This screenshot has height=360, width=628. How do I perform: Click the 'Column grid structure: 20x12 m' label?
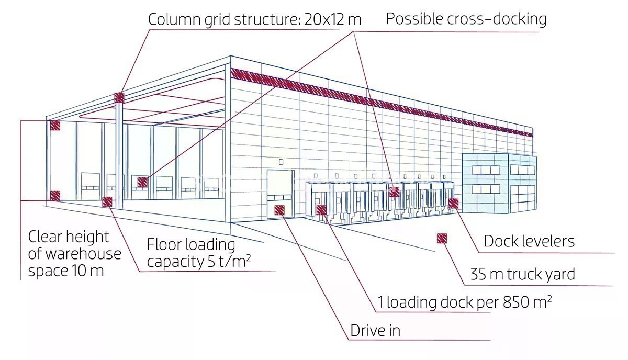[x=254, y=19]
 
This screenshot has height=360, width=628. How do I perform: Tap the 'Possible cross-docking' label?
[x=466, y=19]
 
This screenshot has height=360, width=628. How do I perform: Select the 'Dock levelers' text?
[x=529, y=241]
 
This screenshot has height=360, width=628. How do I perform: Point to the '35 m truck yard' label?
[x=522, y=274]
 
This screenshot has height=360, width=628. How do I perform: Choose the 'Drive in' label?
[x=375, y=331]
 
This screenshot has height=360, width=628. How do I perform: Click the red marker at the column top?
[x=119, y=97]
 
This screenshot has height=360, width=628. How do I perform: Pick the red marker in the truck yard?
[x=442, y=239]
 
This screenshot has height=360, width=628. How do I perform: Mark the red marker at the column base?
[x=107, y=201]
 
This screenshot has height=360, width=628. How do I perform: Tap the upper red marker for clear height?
[x=55, y=125]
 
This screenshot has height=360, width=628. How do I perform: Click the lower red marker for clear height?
[x=54, y=195]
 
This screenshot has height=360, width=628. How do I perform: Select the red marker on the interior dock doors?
[x=142, y=182]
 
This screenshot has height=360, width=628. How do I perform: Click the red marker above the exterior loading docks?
[x=395, y=192]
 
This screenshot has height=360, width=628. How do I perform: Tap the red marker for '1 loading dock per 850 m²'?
[x=321, y=210]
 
